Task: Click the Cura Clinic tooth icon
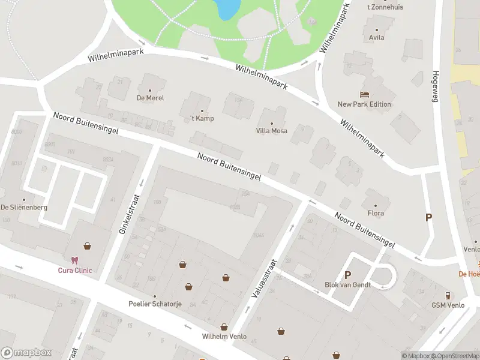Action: tap(74, 260)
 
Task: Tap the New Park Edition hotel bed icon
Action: tap(364, 94)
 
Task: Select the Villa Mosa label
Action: tap(272, 131)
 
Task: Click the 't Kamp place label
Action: tap(202, 118)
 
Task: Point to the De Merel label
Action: tap(150, 98)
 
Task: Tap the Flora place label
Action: tap(376, 213)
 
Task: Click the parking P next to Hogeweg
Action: tap(428, 218)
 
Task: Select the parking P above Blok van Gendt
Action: tap(347, 275)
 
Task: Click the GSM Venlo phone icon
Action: tap(448, 295)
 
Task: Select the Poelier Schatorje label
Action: tap(155, 304)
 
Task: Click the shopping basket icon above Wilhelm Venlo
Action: tap(224, 327)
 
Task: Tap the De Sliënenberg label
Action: tap(24, 207)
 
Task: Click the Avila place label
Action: tap(377, 37)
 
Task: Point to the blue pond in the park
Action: tap(226, 8)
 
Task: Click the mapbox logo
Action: tap(26, 353)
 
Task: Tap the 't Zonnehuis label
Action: tap(385, 7)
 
